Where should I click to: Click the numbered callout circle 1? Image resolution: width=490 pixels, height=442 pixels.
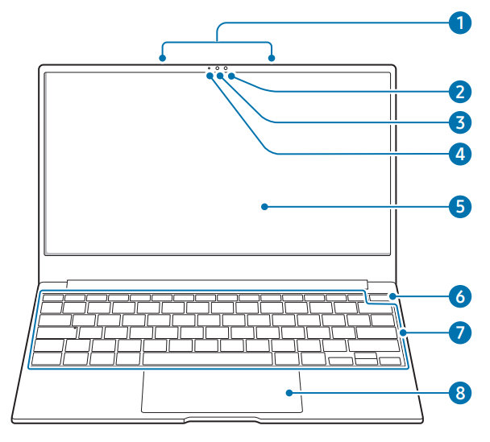pos(459,23)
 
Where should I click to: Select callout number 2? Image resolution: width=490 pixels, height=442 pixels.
pos(459,90)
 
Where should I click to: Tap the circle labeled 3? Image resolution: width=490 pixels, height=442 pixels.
pos(459,122)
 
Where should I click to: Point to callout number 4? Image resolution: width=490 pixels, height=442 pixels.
pos(459,153)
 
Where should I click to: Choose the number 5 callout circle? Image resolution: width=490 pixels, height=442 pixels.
pos(459,206)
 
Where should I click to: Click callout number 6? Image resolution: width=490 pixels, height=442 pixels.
pos(459,296)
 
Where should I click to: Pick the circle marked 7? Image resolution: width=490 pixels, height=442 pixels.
pos(459,332)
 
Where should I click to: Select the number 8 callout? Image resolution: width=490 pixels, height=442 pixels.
pos(459,393)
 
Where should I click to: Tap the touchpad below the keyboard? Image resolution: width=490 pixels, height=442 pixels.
pos(222,392)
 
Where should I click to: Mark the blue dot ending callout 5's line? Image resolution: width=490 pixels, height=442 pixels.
pos(264,207)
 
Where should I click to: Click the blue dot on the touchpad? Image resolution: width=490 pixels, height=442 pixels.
pos(288,393)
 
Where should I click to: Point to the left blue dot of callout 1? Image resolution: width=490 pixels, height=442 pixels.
pos(163,58)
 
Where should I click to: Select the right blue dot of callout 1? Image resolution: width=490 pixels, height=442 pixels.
pos(272,58)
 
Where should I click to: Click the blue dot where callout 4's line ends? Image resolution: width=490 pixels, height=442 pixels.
pos(210,76)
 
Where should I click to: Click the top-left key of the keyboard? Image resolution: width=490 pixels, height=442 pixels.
pos(53,298)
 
